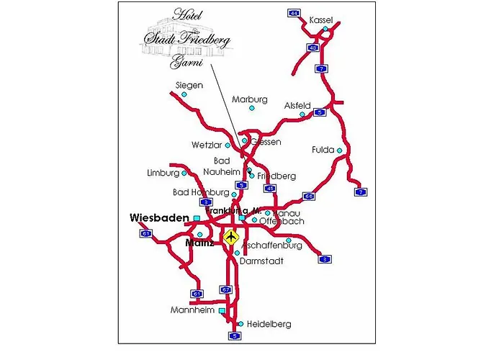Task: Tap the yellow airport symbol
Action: click(x=231, y=236)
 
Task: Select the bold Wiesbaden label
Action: click(x=159, y=217)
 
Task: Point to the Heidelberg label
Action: click(x=269, y=325)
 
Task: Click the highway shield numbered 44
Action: click(x=293, y=13)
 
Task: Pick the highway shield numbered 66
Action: click(x=308, y=196)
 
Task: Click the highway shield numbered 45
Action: click(x=270, y=189)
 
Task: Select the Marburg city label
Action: click(x=250, y=99)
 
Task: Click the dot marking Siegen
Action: click(x=184, y=94)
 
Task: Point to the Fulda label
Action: click(x=323, y=150)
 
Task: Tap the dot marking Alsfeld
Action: click(x=302, y=114)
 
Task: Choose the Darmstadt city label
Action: click(x=262, y=261)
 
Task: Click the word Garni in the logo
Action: click(x=183, y=62)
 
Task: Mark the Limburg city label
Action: click(x=162, y=174)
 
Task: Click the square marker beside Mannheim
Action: click(x=222, y=311)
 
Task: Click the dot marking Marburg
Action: click(x=251, y=108)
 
